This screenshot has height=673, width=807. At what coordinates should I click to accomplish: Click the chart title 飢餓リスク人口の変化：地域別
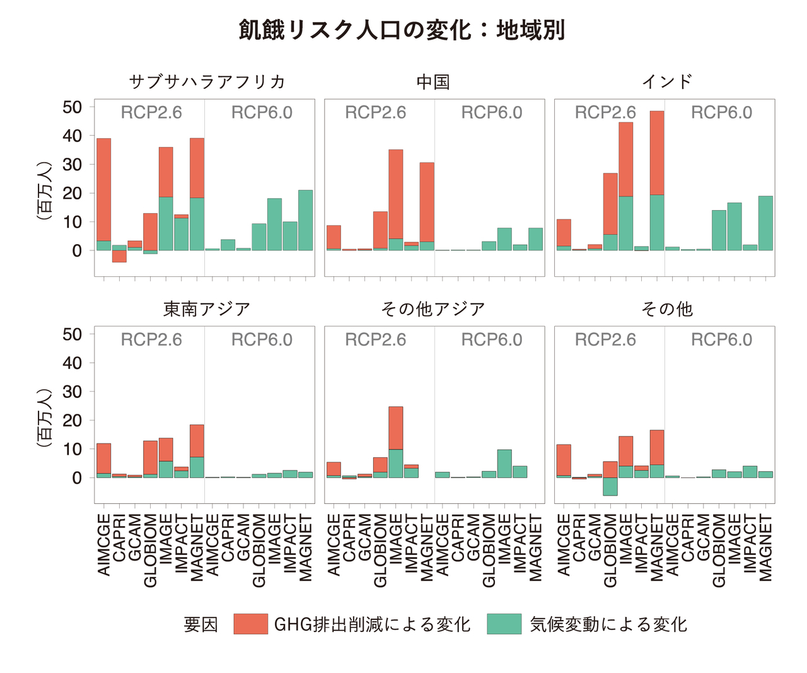tap(402, 30)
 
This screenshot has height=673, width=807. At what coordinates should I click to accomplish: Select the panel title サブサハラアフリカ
tap(207, 82)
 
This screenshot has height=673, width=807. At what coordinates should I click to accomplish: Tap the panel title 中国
tap(433, 82)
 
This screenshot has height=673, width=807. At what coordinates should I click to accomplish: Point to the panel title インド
tap(667, 82)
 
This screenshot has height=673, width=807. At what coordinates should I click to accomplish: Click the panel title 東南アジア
tap(207, 309)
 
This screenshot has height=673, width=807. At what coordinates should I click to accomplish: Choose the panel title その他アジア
tap(433, 309)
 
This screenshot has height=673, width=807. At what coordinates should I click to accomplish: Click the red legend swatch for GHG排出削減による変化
tap(250, 624)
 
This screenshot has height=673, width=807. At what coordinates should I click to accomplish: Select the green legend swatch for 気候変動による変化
tap(504, 624)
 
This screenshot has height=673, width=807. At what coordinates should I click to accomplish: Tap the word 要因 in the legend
tap(200, 624)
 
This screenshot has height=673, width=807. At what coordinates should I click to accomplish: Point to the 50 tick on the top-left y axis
tap(72, 107)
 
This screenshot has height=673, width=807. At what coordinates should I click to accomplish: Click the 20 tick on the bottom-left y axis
tap(72, 421)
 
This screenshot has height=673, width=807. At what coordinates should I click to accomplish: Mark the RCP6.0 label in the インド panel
tap(721, 113)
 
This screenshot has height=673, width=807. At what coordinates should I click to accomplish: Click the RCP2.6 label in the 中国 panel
tap(375, 113)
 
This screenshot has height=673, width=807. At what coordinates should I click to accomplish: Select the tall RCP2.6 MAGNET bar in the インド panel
tap(657, 180)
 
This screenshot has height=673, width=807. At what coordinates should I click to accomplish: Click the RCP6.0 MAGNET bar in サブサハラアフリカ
tap(306, 221)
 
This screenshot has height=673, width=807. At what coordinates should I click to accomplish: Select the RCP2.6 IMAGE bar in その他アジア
tap(396, 442)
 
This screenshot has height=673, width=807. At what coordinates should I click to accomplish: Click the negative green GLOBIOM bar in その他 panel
tap(610, 486)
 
